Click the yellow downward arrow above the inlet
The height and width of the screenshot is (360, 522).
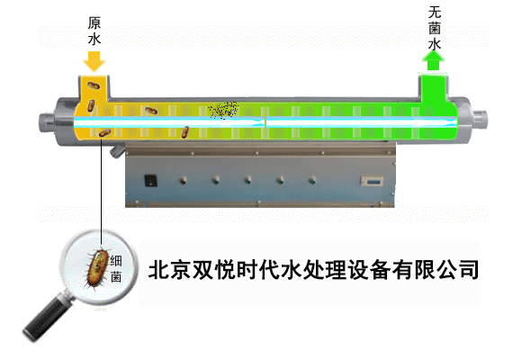point(94,61)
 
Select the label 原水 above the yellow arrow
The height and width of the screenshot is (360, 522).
point(94,31)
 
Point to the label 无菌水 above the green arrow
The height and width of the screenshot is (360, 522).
point(435,28)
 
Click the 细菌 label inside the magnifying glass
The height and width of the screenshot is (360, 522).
point(116,269)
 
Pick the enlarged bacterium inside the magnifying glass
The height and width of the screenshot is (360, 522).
point(97,268)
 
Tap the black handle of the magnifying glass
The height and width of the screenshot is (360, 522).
point(47,319)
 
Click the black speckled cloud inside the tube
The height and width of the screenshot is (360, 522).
point(223,109)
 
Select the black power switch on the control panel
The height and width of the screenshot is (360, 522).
point(151,181)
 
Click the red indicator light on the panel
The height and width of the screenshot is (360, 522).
point(183,181)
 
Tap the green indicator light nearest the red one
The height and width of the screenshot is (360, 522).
point(216,181)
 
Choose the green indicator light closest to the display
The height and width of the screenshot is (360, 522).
point(312,181)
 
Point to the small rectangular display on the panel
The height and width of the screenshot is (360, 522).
point(373,181)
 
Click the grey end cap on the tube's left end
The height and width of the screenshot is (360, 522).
point(46,122)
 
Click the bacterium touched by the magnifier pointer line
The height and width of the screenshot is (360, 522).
point(105,133)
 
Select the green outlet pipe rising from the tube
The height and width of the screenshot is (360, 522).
point(433,88)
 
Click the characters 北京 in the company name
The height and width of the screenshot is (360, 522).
point(170,269)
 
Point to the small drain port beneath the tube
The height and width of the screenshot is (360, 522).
point(116,151)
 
